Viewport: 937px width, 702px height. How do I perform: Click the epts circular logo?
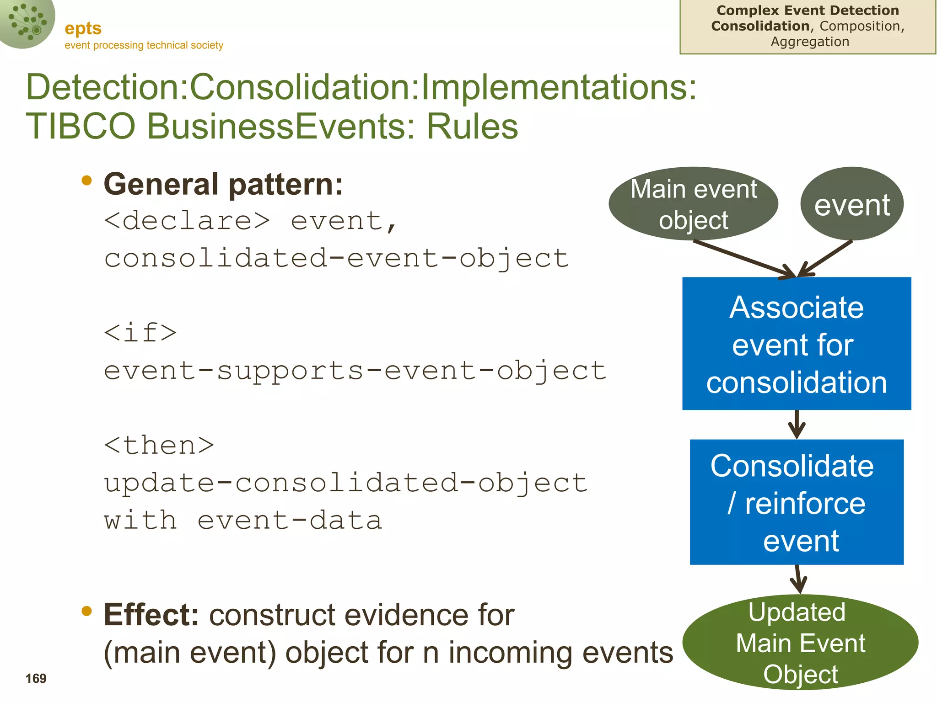tap(27, 22)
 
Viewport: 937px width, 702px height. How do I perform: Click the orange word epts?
tap(83, 29)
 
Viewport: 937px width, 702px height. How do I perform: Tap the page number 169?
tap(36, 678)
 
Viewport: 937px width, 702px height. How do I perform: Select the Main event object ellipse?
tap(693, 204)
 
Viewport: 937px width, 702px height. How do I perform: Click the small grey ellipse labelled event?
tap(852, 204)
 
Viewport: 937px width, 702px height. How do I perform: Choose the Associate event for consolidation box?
tap(797, 344)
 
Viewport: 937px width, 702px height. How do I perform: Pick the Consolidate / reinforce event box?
tap(797, 502)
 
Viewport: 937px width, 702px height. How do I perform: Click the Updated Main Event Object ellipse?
tap(800, 643)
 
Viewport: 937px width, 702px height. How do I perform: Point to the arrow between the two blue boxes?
tap(797, 425)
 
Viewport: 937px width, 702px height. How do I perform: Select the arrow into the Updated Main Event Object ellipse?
tap(798, 580)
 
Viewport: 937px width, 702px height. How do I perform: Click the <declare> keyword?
tap(187, 221)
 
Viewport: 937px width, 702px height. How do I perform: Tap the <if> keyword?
tap(140, 332)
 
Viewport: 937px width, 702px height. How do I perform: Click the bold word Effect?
tap(151, 615)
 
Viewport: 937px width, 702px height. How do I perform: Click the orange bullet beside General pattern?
tap(86, 181)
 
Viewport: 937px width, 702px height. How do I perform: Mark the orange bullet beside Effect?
tap(86, 611)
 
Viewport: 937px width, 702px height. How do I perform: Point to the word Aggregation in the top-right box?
tap(810, 42)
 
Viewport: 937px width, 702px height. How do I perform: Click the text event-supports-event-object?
tap(355, 370)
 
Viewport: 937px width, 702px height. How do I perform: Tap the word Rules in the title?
tap(472, 127)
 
